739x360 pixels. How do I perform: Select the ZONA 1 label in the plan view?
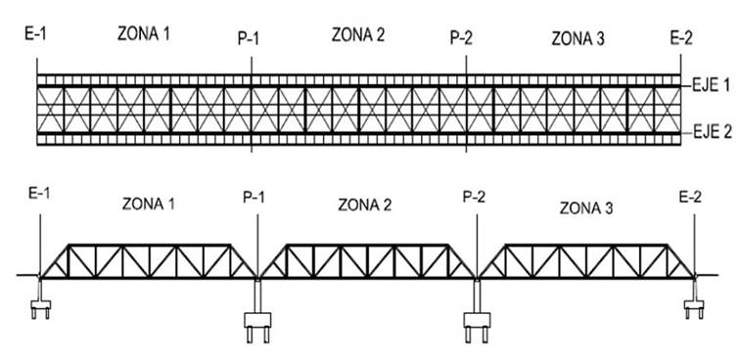pyautogui.click(x=144, y=33)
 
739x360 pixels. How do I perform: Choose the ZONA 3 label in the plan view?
pyautogui.click(x=578, y=38)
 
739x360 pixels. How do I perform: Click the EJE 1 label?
pyautogui.click(x=712, y=86)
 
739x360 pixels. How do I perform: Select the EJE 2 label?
pyautogui.click(x=712, y=129)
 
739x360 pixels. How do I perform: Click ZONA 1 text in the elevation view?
pyautogui.click(x=149, y=204)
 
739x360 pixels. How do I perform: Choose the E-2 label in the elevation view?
pyautogui.click(x=691, y=197)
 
